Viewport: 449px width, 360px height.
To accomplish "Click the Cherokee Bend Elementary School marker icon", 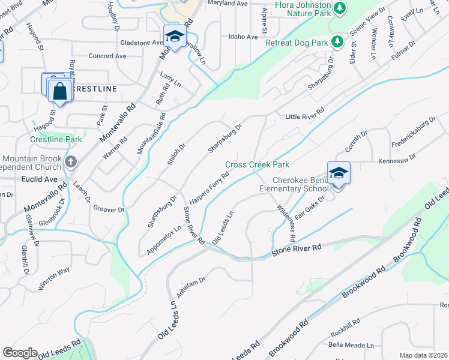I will (339, 172).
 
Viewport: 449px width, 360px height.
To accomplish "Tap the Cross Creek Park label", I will (257, 164).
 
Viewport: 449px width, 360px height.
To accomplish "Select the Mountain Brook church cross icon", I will (71, 161).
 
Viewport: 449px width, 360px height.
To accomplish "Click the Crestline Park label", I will (56, 139).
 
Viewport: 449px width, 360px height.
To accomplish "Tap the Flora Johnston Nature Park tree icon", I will (340, 8).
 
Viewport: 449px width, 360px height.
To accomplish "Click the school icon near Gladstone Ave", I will (175, 37).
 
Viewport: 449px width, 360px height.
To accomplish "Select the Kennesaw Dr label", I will (396, 161).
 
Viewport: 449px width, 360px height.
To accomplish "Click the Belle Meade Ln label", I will (351, 346).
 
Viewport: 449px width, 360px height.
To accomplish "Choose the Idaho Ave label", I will (243, 37).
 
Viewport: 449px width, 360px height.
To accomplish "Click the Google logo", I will (20, 353).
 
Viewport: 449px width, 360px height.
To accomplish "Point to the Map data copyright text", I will (424, 355).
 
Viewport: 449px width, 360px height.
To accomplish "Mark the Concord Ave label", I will (107, 56).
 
